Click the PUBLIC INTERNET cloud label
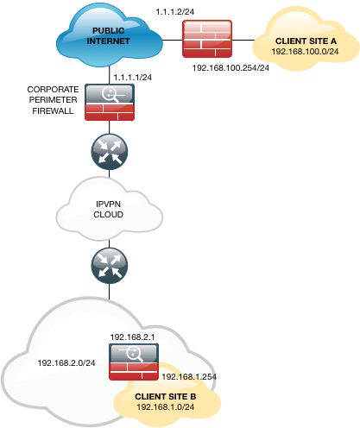coord(108,36)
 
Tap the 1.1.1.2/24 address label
coord(175,12)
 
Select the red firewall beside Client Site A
coord(207,39)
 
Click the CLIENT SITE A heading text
coord(306,41)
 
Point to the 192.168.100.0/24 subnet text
coord(305,52)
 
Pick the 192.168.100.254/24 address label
coord(231,68)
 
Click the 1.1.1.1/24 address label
coord(133,78)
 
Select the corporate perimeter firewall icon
coord(110,102)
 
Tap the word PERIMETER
coord(54,100)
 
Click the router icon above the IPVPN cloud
coord(110,152)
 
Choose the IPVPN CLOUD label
coord(108,210)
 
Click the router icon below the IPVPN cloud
coord(110,266)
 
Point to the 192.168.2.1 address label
coord(132,337)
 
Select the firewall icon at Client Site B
coord(134,362)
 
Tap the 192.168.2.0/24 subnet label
coord(66,363)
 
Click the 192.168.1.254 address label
coord(189,377)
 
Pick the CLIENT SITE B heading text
coord(166,397)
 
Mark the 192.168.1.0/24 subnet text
coord(166,407)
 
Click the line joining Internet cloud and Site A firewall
coord(173,40)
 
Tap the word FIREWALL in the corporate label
coord(53,110)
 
